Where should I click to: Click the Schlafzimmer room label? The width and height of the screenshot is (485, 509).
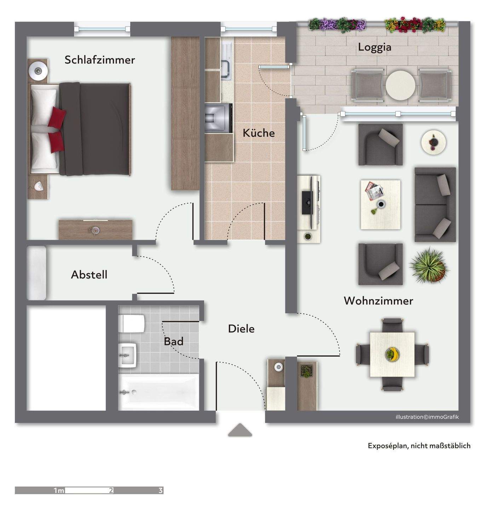[x=99, y=60]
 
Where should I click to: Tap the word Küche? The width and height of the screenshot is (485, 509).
[x=259, y=133]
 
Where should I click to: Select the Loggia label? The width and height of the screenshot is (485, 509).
[x=374, y=47]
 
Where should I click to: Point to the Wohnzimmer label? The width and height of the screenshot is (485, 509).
[x=378, y=301]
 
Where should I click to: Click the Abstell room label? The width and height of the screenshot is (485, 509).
[x=89, y=275]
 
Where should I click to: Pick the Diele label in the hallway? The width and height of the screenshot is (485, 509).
[x=241, y=329]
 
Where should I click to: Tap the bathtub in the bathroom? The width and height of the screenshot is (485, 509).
[x=159, y=392]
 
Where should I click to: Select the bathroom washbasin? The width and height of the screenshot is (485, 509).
[x=128, y=355]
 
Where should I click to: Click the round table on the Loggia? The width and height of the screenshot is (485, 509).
[x=400, y=86]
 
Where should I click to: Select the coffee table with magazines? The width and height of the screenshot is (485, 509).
[x=380, y=205]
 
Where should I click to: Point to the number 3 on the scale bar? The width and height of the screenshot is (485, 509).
[x=161, y=490]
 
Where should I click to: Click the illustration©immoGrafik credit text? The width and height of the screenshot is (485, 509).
[x=427, y=417]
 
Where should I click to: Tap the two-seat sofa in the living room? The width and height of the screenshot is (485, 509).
[x=435, y=205]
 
